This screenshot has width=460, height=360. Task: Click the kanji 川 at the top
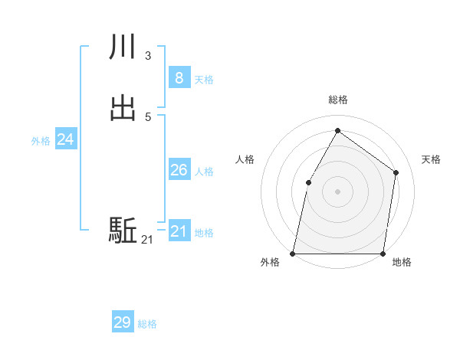(123, 48)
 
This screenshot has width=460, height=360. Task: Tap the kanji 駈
(123, 230)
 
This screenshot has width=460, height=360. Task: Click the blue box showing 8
(179, 77)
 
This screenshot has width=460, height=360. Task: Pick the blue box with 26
(179, 170)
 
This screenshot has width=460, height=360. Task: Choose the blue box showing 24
(65, 139)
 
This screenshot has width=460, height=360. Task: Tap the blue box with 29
(122, 322)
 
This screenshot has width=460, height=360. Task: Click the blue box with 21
(179, 231)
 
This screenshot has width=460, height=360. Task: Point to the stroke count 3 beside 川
(147, 56)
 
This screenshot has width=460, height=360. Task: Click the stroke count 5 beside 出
(147, 116)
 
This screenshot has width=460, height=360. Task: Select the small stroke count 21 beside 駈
(147, 240)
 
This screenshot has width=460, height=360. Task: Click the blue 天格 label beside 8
(204, 80)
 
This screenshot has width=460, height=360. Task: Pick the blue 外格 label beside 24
(41, 141)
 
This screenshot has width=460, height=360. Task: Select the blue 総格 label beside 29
(147, 325)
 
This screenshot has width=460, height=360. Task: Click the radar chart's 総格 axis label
(337, 100)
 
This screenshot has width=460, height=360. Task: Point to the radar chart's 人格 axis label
(245, 159)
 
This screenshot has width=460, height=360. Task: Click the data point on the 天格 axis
(396, 172)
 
